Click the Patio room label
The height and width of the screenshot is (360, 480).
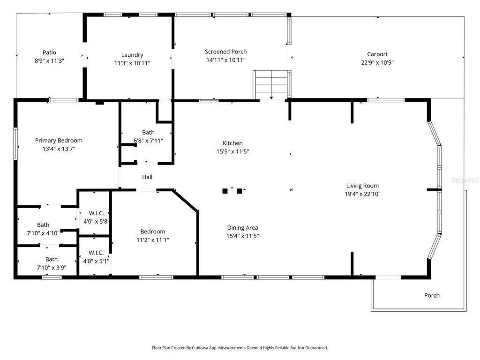[49, 52]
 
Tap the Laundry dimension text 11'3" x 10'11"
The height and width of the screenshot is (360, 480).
[132, 63]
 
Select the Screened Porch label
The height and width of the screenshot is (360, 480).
[225, 52]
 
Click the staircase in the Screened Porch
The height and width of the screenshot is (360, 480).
[270, 85]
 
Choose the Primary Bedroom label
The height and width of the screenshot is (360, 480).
[59, 140]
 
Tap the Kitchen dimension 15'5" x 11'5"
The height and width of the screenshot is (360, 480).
[232, 151]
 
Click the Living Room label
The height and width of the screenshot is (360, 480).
[362, 186]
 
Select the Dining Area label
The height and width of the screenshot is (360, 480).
[242, 228]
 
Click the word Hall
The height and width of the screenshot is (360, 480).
[147, 177]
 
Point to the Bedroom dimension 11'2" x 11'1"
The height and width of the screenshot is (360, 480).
[152, 240]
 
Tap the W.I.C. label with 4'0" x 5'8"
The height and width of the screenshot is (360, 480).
[96, 213]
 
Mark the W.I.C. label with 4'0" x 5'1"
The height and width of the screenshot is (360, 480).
[96, 253]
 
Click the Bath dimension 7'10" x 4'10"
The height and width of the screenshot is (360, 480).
[43, 233]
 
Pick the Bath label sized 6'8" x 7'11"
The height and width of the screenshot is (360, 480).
[148, 133]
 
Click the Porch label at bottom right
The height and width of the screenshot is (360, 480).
[432, 295]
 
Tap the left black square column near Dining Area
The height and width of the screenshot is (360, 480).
[225, 191]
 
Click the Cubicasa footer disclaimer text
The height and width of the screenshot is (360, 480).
[240, 348]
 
